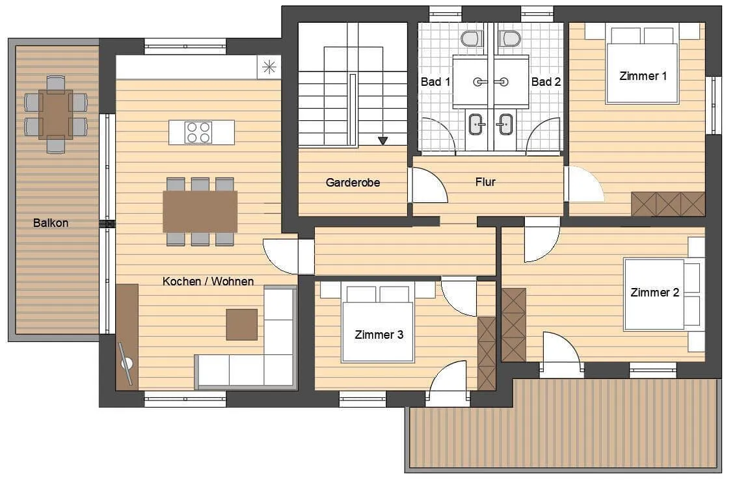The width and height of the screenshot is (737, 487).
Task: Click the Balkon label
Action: (x=51, y=222)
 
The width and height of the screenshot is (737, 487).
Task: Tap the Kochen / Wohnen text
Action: (x=208, y=282)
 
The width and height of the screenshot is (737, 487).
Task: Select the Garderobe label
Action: (x=353, y=182)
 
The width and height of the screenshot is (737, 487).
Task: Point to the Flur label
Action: (x=485, y=182)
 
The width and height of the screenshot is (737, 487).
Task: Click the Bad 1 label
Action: (x=435, y=82)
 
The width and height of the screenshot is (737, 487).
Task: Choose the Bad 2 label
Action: (x=546, y=82)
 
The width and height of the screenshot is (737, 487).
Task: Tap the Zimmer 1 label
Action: (x=643, y=76)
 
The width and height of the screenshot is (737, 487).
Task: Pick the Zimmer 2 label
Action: (x=655, y=293)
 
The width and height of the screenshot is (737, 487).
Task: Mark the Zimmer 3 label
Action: (x=379, y=335)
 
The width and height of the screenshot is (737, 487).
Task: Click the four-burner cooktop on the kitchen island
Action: (x=198, y=133)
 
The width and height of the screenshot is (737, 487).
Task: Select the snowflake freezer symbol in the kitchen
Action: (x=269, y=67)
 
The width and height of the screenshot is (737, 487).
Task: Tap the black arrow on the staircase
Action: (x=383, y=140)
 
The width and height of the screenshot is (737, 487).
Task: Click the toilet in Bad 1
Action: (x=472, y=38)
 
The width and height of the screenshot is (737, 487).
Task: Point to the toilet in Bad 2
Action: (x=510, y=38)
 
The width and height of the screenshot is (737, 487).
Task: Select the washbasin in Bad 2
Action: (x=505, y=124)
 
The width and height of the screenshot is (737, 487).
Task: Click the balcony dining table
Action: (x=56, y=114)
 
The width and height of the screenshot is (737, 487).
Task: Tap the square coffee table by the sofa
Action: (x=242, y=324)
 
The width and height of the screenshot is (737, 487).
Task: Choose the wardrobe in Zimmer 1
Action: (x=668, y=204)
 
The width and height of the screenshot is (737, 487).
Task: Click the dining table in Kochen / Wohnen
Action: (x=200, y=211)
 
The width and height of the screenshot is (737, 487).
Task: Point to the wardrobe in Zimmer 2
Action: (x=514, y=325)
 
